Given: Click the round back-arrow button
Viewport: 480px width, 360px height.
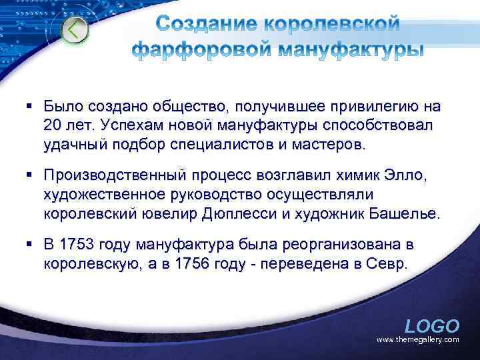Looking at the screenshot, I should coord(75,30).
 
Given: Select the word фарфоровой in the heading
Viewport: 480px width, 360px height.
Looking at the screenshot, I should coord(197,50).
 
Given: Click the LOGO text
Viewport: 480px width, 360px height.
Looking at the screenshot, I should coord(432,326).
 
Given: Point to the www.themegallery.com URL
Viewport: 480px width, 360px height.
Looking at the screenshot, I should coord(418,340).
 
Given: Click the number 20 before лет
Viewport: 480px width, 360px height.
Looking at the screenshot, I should coord(53,125).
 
